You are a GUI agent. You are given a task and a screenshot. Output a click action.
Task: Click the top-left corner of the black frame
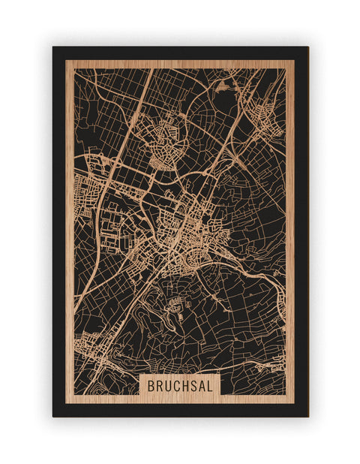click(53, 47)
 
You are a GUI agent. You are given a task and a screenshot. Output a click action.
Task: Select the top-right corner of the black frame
click(307, 47)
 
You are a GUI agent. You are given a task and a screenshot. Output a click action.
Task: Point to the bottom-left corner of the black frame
click(53, 416)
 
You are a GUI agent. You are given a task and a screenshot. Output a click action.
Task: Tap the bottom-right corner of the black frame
click(307, 416)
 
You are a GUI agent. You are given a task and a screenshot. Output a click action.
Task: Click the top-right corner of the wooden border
click(294, 61)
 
